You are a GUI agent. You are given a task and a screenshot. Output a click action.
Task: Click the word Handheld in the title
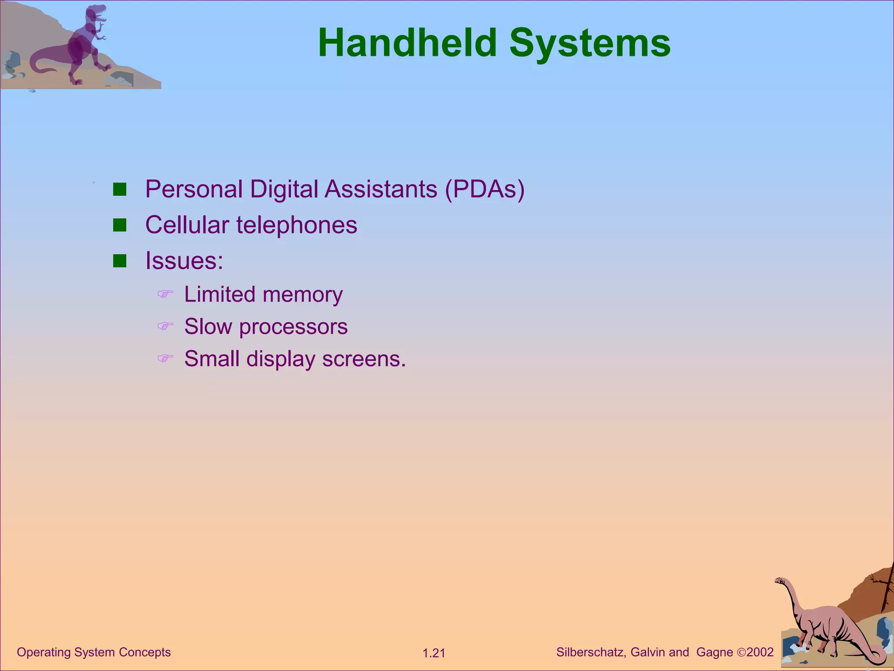coord(407,43)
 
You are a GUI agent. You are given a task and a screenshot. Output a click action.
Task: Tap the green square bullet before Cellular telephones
coord(120,225)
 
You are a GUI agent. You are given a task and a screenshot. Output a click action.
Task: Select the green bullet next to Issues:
coord(120,261)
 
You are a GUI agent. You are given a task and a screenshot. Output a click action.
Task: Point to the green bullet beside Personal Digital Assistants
coord(120,190)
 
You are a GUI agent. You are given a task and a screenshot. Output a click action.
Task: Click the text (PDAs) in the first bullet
coord(485,190)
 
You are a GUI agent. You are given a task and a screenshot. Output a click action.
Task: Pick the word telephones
coord(297,225)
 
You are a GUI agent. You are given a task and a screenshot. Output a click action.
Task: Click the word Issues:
coord(184,261)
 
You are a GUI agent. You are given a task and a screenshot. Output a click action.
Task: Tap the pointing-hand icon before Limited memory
coord(165,294)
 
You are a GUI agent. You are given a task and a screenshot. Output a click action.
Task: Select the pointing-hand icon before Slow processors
coord(165,326)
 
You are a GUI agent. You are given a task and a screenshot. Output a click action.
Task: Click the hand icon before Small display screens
coord(165,359)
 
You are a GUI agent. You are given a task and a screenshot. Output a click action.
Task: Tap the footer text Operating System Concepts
coord(94,652)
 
